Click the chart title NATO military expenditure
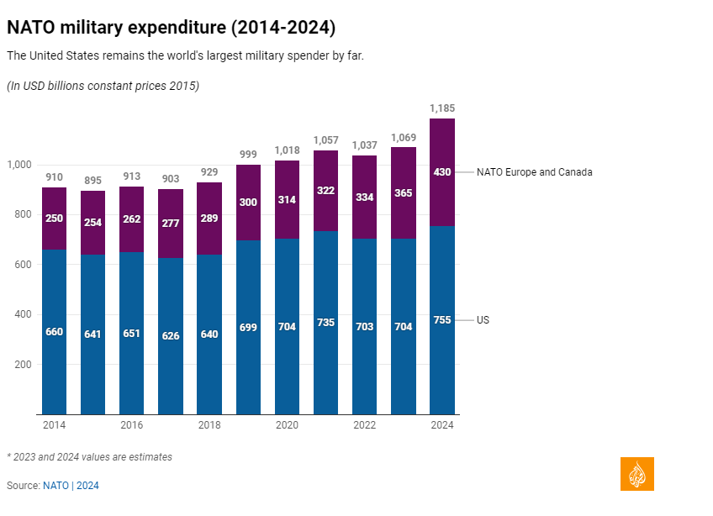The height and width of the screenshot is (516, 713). pos(171,28)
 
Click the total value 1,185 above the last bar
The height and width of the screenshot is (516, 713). pos(442,108)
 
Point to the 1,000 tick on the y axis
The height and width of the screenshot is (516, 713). pos(18,165)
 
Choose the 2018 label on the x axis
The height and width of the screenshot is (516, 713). pos(209,425)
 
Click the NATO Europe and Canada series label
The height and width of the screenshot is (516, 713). pos(534,172)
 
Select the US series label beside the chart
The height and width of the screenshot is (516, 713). pos(483,320)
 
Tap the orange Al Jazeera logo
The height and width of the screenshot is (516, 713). pos(636,474)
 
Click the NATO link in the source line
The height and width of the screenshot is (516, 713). pos(55,486)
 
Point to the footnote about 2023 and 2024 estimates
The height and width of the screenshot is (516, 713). pos(89,457)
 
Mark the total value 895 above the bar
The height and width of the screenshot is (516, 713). pos(92,181)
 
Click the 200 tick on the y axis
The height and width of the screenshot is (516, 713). pos(22,365)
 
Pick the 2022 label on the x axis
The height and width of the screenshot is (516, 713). pos(365,425)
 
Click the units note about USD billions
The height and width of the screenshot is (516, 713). pos(103,86)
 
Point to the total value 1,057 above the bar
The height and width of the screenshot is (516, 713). pos(326,140)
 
